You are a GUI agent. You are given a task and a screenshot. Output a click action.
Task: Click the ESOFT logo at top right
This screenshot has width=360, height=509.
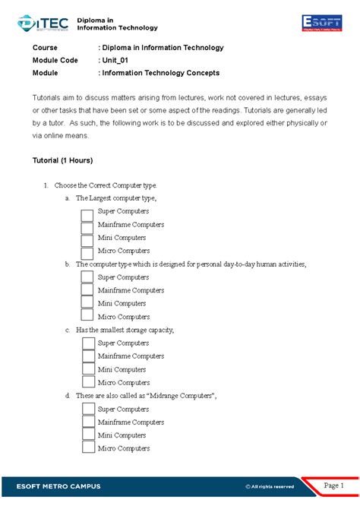(327, 23)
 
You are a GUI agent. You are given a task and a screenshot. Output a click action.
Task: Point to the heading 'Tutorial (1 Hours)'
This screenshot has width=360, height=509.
(62, 160)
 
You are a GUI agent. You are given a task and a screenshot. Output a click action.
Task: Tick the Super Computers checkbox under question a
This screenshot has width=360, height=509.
(87, 212)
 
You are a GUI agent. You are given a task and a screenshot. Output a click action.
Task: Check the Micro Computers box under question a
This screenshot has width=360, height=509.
(87, 251)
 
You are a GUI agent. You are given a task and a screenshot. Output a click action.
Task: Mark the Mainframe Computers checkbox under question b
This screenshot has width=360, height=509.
(87, 291)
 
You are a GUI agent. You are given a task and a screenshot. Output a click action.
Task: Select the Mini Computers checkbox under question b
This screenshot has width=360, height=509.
(87, 304)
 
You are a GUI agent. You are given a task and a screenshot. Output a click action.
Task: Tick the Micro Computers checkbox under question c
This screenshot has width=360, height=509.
(88, 383)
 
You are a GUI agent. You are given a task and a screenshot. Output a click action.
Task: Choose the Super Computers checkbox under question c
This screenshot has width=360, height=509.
(88, 343)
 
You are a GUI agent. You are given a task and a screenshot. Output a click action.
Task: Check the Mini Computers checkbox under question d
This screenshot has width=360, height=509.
(88, 435)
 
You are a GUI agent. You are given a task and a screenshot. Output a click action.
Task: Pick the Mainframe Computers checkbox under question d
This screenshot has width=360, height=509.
(88, 422)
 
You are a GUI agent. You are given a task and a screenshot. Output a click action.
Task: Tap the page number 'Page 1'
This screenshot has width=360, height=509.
(334, 485)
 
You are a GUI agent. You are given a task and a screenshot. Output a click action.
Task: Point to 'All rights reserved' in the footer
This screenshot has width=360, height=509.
(269, 486)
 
